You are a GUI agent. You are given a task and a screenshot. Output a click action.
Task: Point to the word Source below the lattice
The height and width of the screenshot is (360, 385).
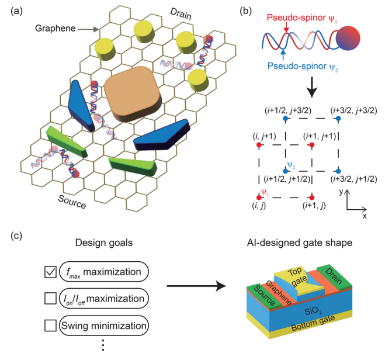pos(72,204)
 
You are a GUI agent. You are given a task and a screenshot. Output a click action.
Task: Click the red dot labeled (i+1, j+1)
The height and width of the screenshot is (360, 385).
pos(312,144)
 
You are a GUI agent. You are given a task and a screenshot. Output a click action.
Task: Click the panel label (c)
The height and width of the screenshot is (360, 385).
pos(18,236)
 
